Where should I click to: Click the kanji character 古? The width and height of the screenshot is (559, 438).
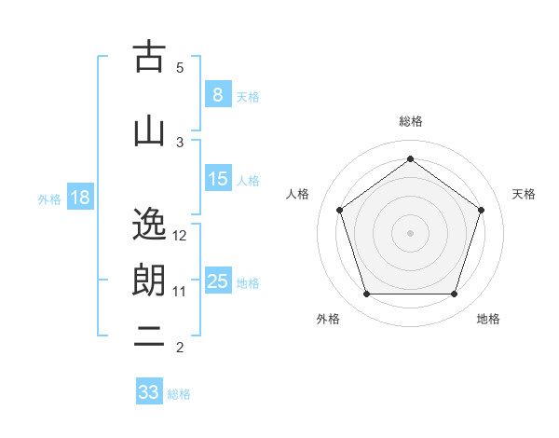[150, 58]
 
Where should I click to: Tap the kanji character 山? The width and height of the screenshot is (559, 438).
[150, 131]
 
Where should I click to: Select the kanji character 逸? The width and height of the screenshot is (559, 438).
[150, 224]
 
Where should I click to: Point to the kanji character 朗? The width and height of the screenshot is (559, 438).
[150, 280]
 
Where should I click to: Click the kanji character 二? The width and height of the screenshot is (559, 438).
[150, 336]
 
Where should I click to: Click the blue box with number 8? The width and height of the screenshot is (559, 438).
[217, 95]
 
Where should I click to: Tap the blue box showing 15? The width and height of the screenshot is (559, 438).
[217, 179]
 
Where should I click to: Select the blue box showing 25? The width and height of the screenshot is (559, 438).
[217, 281]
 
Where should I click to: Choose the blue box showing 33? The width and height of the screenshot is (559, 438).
[149, 392]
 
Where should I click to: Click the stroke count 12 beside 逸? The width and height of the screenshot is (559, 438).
[181, 235]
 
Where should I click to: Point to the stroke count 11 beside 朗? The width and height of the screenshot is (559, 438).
[180, 291]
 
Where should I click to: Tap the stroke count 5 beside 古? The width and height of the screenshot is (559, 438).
[180, 68]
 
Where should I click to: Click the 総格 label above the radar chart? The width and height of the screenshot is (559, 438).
[411, 121]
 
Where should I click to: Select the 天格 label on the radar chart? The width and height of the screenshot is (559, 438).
[524, 194]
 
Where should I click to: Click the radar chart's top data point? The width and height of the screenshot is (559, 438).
[411, 158]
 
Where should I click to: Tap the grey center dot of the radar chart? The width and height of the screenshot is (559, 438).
[411, 232]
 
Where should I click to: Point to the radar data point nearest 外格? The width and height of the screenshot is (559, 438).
[366, 294]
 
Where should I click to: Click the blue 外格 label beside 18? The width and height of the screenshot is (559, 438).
[49, 198]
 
